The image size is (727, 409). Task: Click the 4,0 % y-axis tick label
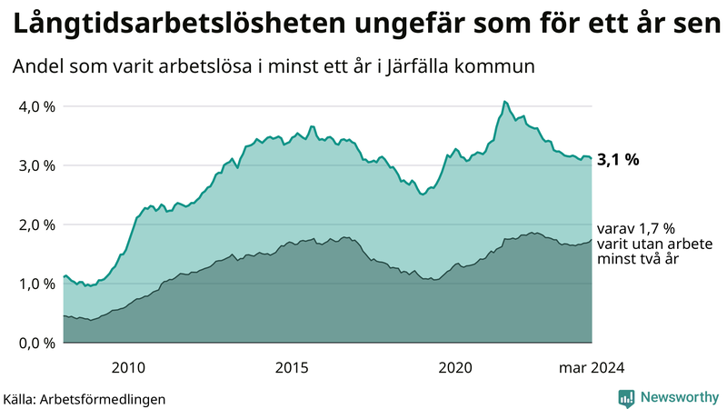36,106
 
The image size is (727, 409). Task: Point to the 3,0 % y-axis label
36,165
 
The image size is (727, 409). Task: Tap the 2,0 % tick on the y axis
36,224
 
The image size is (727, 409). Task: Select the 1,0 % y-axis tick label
36,284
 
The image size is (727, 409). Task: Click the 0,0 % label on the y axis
36,343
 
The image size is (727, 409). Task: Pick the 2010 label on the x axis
128,367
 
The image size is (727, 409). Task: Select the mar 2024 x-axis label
591,367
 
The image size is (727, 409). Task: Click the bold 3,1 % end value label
618,159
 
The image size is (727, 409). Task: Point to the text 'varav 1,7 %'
636,228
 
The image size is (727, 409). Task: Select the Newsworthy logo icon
626,397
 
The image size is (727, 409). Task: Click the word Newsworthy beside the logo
678,397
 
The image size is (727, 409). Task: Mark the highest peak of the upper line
504,101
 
